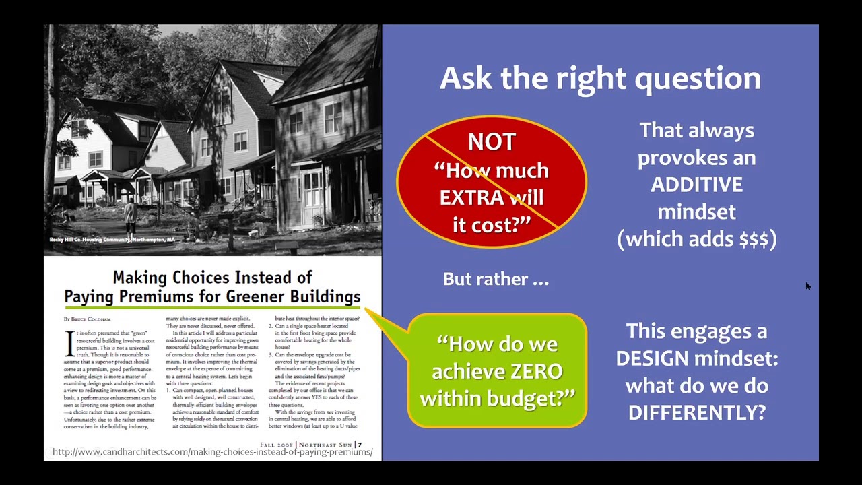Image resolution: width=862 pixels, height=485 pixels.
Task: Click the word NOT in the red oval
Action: pyautogui.click(x=492, y=142)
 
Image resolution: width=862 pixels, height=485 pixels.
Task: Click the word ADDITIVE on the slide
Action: pyautogui.click(x=696, y=185)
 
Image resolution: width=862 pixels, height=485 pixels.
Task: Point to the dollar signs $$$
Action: pyautogui.click(x=754, y=239)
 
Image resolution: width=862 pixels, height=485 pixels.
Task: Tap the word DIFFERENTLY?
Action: pyautogui.click(x=696, y=412)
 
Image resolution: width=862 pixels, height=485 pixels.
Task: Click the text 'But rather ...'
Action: pyautogui.click(x=496, y=279)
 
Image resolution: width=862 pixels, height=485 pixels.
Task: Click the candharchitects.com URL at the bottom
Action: pyautogui.click(x=212, y=452)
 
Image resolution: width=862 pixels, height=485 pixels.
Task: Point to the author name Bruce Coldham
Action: pyautogui.click(x=87, y=319)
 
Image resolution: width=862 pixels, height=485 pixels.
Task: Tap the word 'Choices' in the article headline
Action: pyautogui.click(x=201, y=278)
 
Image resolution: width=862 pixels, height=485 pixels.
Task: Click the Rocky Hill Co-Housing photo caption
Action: pyautogui.click(x=112, y=240)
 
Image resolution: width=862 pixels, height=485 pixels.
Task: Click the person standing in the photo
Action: pyautogui.click(x=130, y=214)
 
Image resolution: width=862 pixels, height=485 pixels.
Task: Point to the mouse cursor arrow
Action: pyautogui.click(x=807, y=286)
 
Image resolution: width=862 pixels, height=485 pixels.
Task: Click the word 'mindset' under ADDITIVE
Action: pyautogui.click(x=696, y=212)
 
